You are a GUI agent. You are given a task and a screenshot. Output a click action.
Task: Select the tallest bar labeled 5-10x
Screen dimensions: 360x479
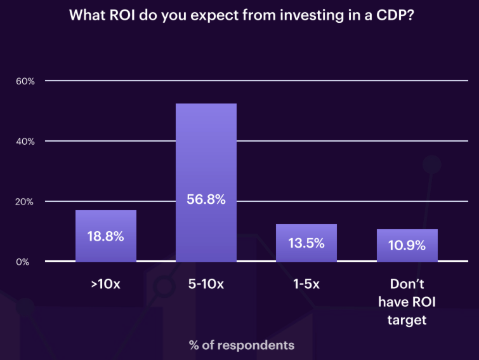pyautogui.click(x=206, y=159)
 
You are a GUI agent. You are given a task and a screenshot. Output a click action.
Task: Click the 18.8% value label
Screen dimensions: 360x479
pyautogui.click(x=106, y=237)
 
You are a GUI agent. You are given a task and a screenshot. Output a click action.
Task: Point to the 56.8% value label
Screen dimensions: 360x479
pyautogui.click(x=206, y=199)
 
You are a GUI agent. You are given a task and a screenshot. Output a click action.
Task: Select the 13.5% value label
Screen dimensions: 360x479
pyautogui.click(x=306, y=243)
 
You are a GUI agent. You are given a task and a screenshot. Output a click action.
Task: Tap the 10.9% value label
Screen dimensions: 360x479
pyautogui.click(x=407, y=245)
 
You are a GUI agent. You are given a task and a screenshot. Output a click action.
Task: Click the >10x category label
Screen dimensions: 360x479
pyautogui.click(x=105, y=284)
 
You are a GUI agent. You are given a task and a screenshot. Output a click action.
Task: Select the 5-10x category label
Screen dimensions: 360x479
pyautogui.click(x=206, y=284)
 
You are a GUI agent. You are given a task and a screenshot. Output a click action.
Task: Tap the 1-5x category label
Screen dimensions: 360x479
pyautogui.click(x=306, y=284)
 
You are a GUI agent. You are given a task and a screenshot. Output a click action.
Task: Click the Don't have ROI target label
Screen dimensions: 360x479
pyautogui.click(x=407, y=302)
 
